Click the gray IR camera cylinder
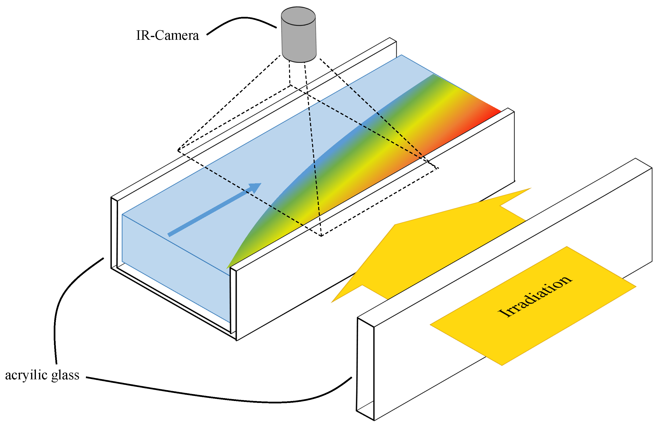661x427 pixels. click(x=299, y=39)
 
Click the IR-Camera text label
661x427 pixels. click(x=167, y=35)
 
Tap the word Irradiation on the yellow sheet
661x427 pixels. click(x=535, y=296)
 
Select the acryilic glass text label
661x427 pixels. click(x=42, y=375)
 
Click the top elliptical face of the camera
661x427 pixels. click(x=298, y=16)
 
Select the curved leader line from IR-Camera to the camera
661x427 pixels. click(x=241, y=19)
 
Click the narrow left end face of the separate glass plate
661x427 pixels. click(x=365, y=369)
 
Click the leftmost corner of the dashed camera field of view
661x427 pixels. click(x=178, y=150)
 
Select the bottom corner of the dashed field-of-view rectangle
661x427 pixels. click(x=321, y=236)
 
